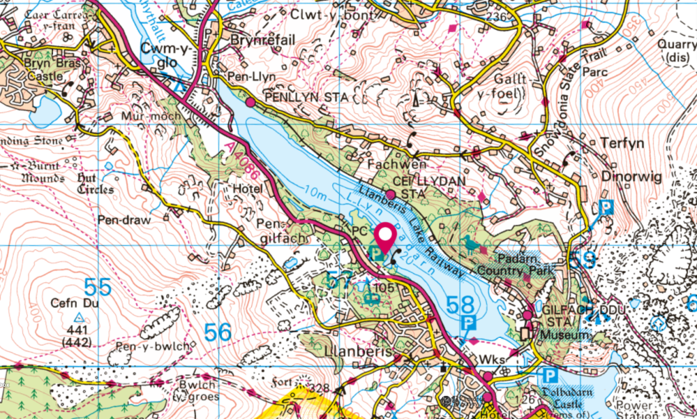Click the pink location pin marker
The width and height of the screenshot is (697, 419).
pos(387,238)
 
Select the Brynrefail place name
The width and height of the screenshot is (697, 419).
pos(263,41)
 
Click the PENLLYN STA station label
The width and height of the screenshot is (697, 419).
pos(306,97)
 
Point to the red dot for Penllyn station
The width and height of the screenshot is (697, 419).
pos(250,102)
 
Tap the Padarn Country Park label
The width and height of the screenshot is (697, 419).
pos(513,265)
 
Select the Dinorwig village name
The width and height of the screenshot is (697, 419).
pos(632,177)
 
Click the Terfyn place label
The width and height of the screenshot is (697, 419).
pos(622,144)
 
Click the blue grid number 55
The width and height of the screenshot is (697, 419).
pos(98,286)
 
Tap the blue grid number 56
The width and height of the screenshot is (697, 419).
pos(218,332)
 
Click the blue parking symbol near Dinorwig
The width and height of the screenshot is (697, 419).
pos(605,208)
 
